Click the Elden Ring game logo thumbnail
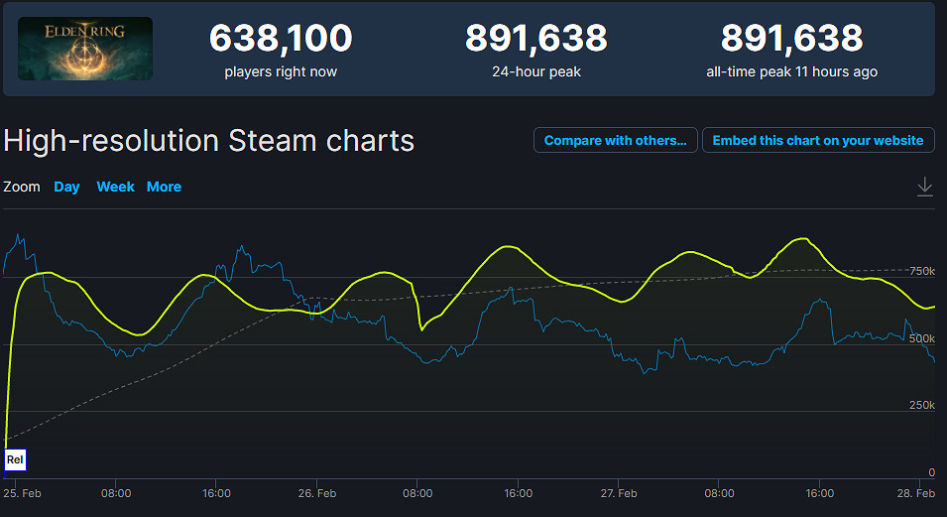tap(85, 49)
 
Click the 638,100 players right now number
tap(281, 39)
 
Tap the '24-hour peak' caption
tap(536, 71)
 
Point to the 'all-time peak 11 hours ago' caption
tap(791, 71)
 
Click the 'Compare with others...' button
tap(615, 140)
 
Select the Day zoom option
tap(66, 187)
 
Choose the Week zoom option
tap(115, 187)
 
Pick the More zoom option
tap(164, 187)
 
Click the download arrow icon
tap(924, 187)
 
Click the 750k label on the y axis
tap(922, 271)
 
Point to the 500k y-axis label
tap(922, 338)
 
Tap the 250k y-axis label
tap(922, 405)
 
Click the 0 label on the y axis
tap(931, 472)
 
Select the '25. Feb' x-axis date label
tap(22, 493)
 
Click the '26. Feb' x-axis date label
tap(317, 493)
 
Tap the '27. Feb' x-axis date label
tap(619, 493)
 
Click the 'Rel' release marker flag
tap(15, 459)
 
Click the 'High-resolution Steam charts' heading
tap(208, 140)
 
